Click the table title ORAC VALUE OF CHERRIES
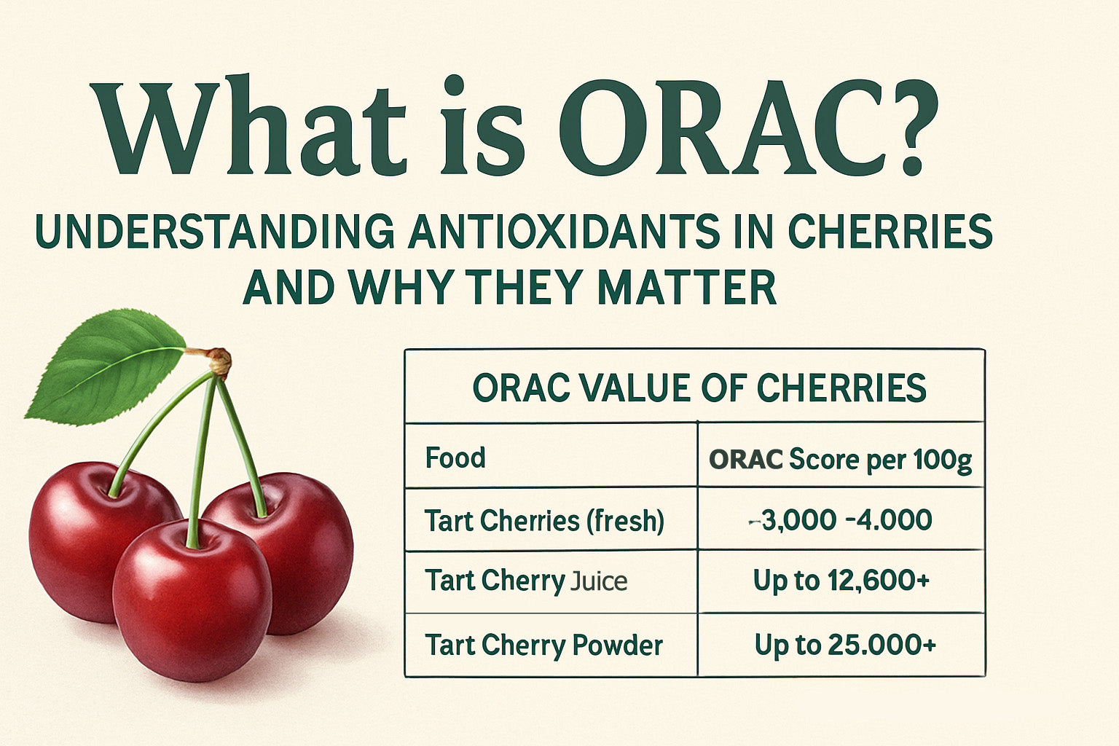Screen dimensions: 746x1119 point(699,388)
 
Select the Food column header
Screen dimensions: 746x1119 point(455,458)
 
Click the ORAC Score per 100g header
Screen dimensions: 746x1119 point(840,460)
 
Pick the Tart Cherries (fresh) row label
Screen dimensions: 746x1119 point(544,521)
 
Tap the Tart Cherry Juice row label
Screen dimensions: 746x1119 point(525,581)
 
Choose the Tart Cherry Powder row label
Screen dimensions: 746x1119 point(543,645)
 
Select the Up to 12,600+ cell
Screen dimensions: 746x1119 point(841,581)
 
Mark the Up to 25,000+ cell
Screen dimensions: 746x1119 point(845,645)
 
